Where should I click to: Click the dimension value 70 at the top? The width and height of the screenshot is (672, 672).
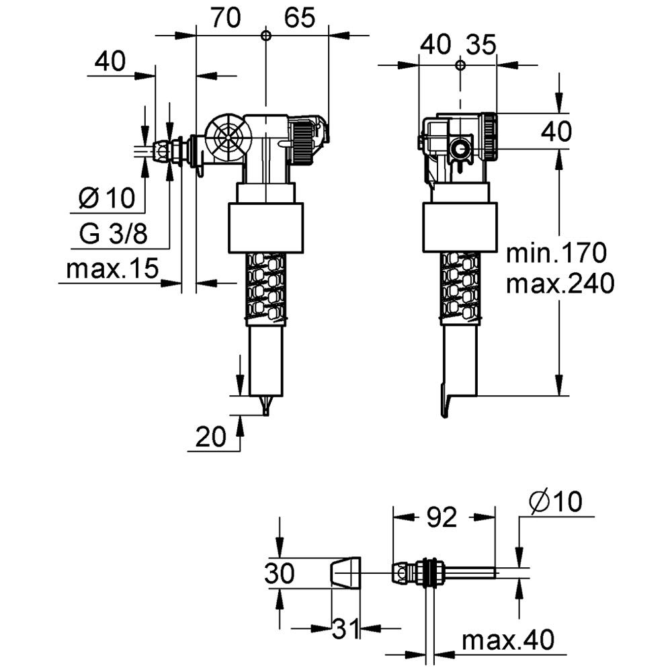click(225, 18)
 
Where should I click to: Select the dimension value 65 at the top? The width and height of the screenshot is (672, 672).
click(298, 18)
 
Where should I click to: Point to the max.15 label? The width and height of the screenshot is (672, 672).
click(112, 269)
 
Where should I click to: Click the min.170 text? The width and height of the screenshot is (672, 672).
click(556, 253)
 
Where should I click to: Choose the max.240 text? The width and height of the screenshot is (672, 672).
click(560, 284)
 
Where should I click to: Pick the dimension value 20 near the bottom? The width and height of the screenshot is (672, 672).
click(211, 437)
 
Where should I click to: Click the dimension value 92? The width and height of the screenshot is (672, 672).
click(442, 517)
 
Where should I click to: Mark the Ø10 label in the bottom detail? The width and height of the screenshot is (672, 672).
click(555, 501)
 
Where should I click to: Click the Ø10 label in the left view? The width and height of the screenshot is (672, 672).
click(107, 198)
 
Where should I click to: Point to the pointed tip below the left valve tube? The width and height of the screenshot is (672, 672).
click(267, 405)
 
